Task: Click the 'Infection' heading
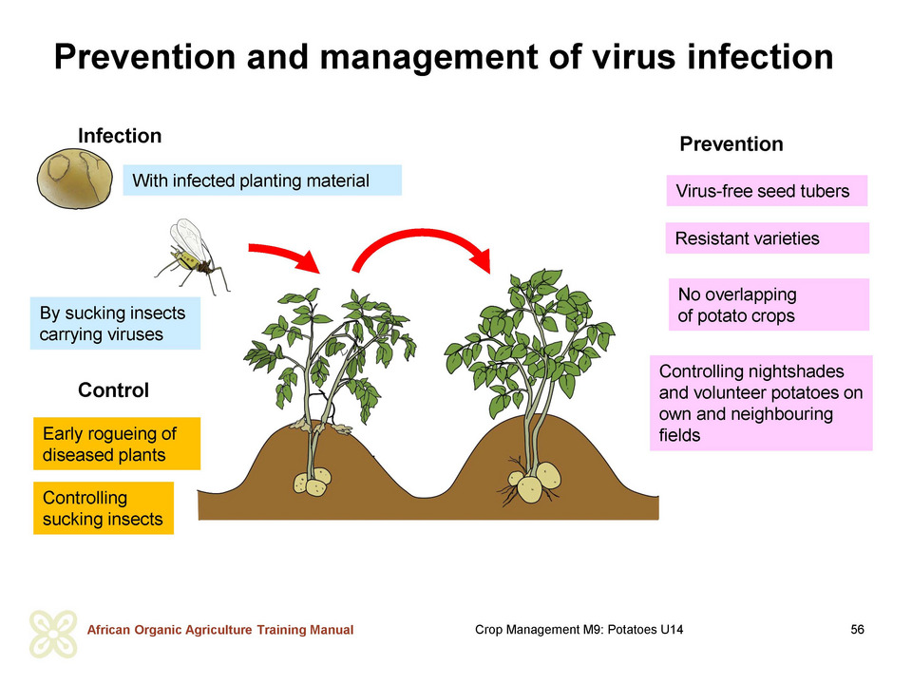(x=120, y=136)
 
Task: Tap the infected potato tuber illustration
(x=75, y=179)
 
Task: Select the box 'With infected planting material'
(x=262, y=180)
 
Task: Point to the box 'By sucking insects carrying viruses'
(x=115, y=323)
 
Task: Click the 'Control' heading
(x=113, y=389)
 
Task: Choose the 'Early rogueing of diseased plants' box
(x=117, y=444)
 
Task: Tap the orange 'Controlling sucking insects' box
(x=104, y=507)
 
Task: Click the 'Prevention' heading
(x=731, y=144)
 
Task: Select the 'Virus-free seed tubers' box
(x=767, y=191)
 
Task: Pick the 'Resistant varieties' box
(x=768, y=237)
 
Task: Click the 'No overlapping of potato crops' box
(x=769, y=305)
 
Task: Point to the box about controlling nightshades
(x=761, y=403)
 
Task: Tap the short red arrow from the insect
(x=286, y=254)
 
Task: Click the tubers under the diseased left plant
(x=313, y=483)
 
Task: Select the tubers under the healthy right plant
(x=535, y=482)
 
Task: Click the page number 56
(x=857, y=629)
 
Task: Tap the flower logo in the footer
(x=53, y=634)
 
